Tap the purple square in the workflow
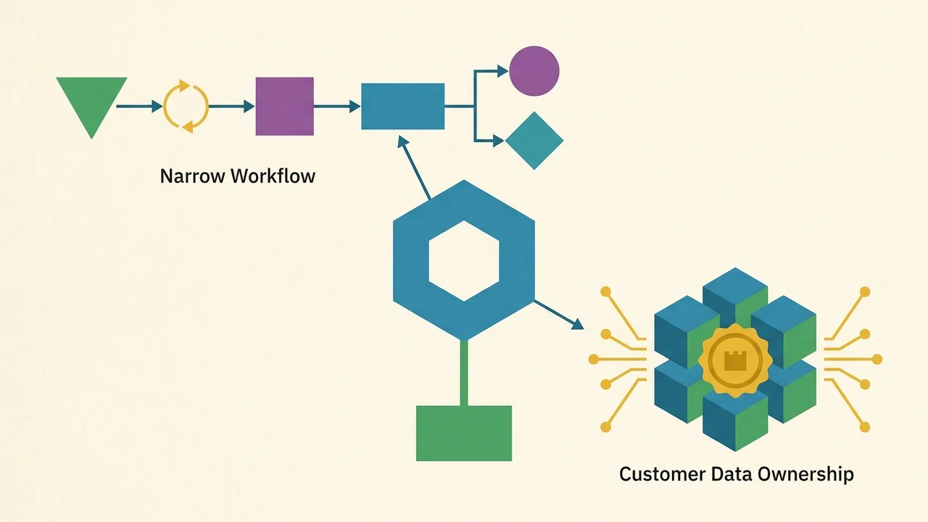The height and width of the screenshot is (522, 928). [285, 106]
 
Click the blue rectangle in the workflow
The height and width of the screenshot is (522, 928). [402, 106]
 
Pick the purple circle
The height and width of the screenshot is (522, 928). [534, 71]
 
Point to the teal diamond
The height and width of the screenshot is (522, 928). [534, 141]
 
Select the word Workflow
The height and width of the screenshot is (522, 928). [273, 176]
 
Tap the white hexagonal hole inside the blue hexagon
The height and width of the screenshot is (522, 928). [464, 260]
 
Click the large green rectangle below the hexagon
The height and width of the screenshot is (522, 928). [464, 433]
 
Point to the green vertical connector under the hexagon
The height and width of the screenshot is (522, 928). [464, 373]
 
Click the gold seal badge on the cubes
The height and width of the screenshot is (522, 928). [735, 360]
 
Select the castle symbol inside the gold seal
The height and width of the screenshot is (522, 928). [735, 360]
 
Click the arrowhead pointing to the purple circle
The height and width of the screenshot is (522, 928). [502, 71]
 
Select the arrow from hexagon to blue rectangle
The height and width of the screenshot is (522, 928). [414, 167]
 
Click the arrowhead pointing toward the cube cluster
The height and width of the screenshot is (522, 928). [578, 323]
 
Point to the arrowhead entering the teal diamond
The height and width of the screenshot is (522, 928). [499, 141]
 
